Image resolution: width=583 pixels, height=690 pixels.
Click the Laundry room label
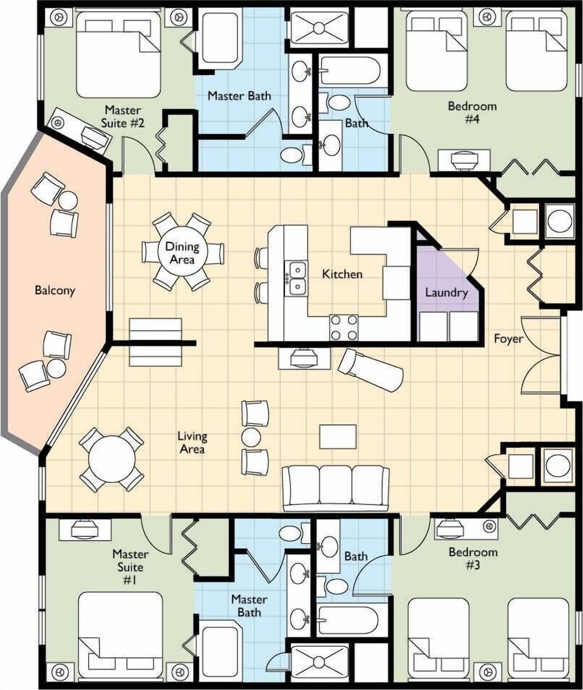point(446,293)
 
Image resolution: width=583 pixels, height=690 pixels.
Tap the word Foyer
point(508,338)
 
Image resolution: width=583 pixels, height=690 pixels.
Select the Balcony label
point(55,290)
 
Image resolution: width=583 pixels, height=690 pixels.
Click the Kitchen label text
point(342,274)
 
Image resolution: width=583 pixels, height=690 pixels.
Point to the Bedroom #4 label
point(472,112)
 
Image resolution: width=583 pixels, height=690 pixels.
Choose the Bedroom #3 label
point(472,559)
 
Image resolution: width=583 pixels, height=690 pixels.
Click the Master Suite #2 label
point(123,117)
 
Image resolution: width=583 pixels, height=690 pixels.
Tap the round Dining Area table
point(182,251)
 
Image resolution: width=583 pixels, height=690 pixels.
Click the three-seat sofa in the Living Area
point(336,487)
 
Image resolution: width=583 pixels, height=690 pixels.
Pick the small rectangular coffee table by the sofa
point(338,436)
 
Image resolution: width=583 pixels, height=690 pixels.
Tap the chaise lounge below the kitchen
point(370,369)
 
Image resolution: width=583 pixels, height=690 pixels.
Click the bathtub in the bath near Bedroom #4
point(349,72)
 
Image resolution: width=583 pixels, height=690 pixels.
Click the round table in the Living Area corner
point(112,459)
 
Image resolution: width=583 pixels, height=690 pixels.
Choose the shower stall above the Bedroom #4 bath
point(318,27)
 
